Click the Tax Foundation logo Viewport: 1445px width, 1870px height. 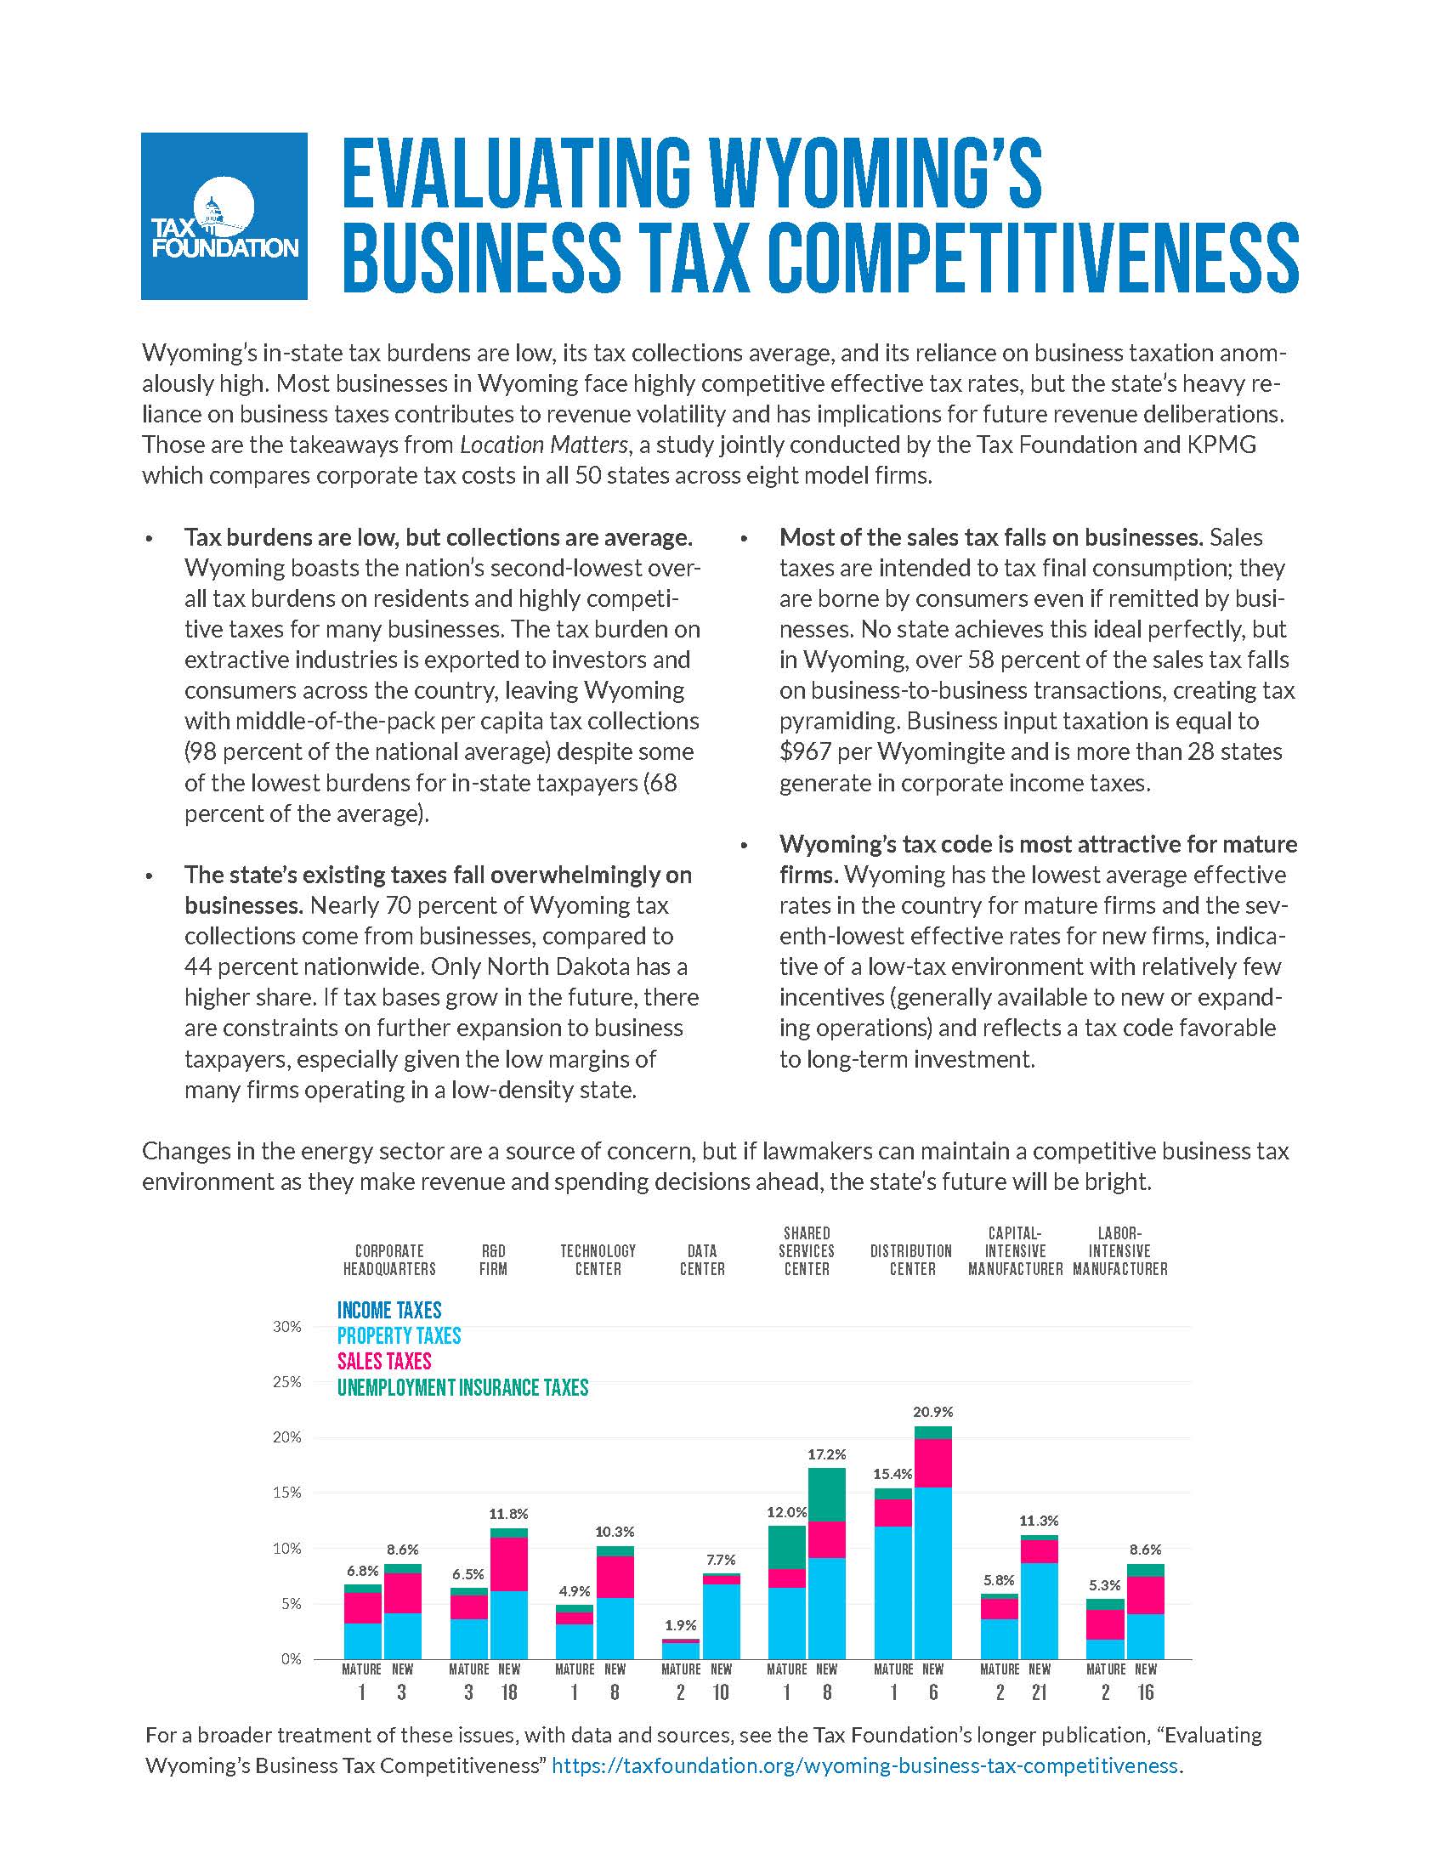point(224,216)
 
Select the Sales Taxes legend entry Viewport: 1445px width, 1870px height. point(384,1363)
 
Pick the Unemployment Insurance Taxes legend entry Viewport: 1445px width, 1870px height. point(463,1388)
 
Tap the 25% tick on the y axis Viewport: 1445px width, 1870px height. point(287,1383)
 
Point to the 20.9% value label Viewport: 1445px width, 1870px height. point(933,1412)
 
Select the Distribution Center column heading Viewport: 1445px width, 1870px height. point(912,1260)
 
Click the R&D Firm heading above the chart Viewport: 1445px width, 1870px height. point(494,1260)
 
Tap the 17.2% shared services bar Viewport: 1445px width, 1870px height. point(827,1563)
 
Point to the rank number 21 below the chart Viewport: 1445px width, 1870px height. point(1040,1692)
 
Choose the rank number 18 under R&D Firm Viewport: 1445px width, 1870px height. point(508,1692)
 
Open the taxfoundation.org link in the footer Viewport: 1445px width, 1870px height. point(865,1766)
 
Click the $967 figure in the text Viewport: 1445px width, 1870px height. point(806,751)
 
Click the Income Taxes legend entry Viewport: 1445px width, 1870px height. point(389,1311)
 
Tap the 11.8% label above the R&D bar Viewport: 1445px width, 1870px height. point(509,1514)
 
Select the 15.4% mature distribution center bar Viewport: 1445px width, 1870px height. point(892,1573)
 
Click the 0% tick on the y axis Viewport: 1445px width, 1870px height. point(292,1659)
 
